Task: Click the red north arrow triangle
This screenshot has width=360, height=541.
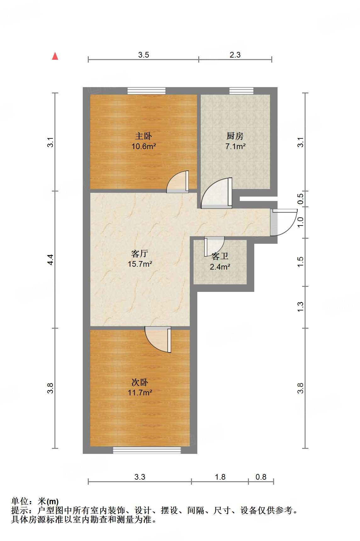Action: click(x=55, y=56)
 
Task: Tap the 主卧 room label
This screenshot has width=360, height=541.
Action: click(x=143, y=136)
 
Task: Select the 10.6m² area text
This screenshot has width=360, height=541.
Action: click(x=144, y=146)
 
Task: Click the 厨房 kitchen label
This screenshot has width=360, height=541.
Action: click(x=235, y=136)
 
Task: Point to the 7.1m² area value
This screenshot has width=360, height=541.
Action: click(x=235, y=146)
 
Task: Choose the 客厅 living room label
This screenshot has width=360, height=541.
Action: click(x=140, y=254)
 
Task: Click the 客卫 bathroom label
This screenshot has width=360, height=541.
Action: click(x=220, y=256)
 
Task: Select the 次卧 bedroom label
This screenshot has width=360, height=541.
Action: click(x=140, y=382)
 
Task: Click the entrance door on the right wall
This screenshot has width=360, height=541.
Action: click(x=283, y=222)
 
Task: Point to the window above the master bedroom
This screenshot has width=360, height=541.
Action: click(x=146, y=91)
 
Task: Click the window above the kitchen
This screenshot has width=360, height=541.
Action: click(x=241, y=91)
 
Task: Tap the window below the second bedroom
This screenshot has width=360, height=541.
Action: click(x=147, y=450)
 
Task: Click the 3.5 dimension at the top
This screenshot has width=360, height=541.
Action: click(x=143, y=55)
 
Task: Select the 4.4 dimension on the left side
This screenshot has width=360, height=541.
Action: click(x=51, y=259)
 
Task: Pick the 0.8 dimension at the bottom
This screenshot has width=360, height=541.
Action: click(x=261, y=477)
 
